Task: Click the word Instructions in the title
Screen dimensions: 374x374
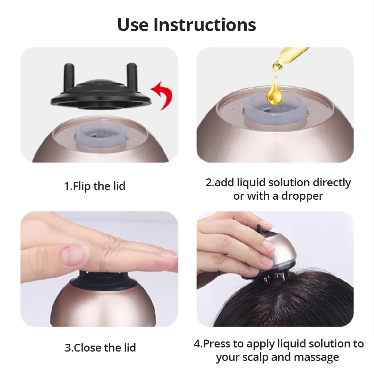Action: click(x=205, y=25)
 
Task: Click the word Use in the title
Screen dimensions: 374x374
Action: click(x=133, y=25)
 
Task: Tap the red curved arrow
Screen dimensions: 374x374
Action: click(x=162, y=95)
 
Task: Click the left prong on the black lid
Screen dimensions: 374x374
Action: click(x=69, y=76)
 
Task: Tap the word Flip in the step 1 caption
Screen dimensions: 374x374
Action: click(x=82, y=186)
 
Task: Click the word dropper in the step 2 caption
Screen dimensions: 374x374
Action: click(x=302, y=196)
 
